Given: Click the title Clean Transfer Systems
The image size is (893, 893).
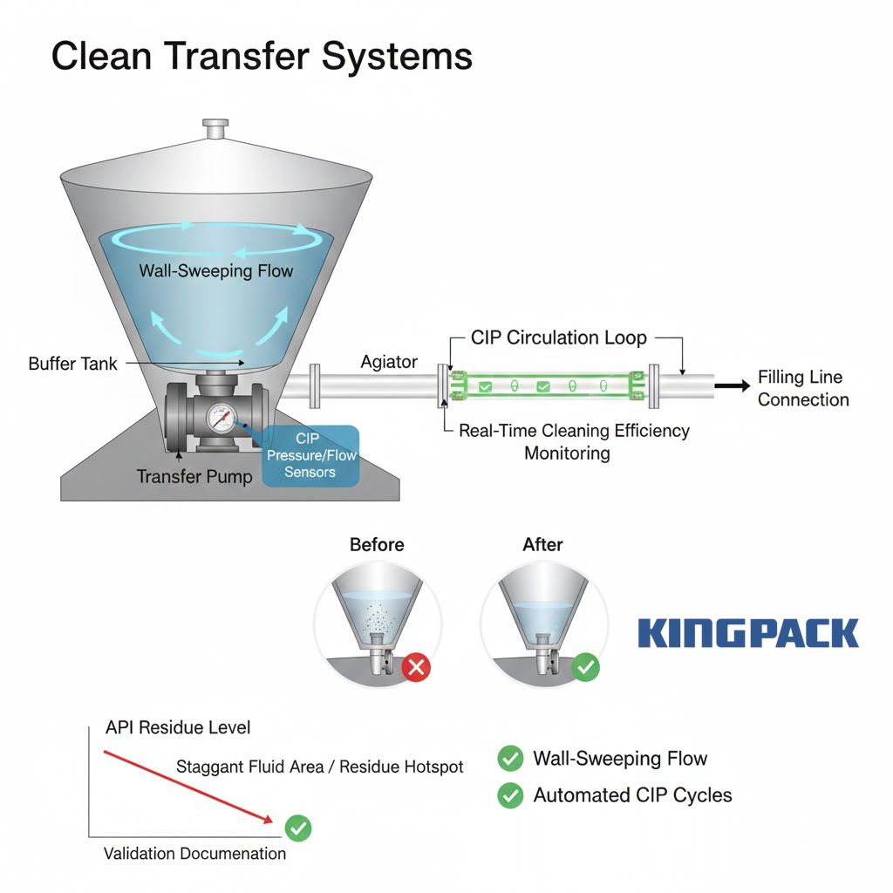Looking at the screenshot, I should [262, 57].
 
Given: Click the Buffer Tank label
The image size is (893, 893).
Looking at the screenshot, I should [72, 364].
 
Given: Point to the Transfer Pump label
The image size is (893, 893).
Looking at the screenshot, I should [194, 476].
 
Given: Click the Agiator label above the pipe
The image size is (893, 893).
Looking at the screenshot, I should [389, 361].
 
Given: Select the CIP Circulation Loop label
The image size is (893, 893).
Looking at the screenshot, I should [559, 337].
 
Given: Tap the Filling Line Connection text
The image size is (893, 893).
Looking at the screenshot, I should [802, 389].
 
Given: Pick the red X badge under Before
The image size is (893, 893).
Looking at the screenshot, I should [417, 668].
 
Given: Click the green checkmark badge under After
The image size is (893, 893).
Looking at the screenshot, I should [585, 668].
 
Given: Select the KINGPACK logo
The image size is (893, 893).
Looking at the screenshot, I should [748, 633].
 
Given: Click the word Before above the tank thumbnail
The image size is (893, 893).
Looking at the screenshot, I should [377, 544].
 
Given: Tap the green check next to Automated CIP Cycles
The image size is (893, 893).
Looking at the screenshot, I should [510, 794].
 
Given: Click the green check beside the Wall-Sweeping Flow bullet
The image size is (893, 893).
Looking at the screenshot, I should [510, 759].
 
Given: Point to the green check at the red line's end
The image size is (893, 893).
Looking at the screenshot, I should [298, 828].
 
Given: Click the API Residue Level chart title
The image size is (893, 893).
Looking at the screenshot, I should [177, 727].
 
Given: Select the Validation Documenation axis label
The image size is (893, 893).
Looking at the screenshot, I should [194, 853].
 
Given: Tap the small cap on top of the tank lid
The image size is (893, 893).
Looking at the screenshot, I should [214, 129].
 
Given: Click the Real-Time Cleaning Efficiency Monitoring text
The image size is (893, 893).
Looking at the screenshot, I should [573, 441].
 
